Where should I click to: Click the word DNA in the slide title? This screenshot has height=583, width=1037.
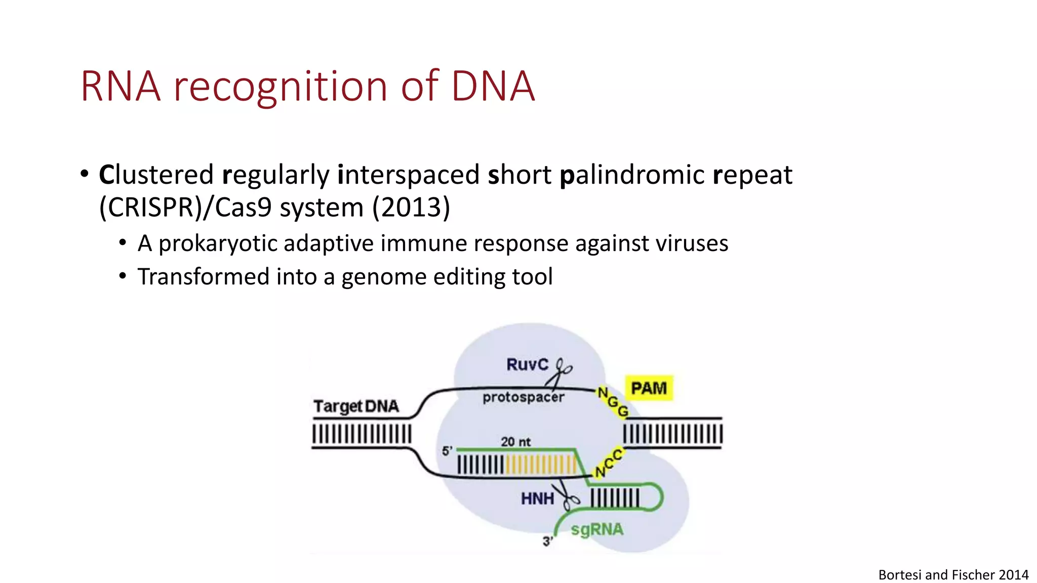coord(493,87)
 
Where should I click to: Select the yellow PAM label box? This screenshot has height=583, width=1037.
coord(649,388)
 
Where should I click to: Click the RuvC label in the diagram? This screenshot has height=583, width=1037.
coord(527,364)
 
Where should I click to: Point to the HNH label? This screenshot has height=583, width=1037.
coord(537,499)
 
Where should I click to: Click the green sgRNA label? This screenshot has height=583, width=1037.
coord(597,530)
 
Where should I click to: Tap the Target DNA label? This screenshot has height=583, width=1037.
coord(356,406)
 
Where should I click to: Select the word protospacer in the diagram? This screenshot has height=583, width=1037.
coord(523,397)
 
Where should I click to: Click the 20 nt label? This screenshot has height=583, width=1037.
coord(515,442)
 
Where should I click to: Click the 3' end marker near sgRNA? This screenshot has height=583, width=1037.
coord(547,542)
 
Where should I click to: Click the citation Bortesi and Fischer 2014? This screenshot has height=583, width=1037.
coord(953,575)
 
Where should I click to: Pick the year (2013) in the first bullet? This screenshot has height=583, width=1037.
coord(411,207)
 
